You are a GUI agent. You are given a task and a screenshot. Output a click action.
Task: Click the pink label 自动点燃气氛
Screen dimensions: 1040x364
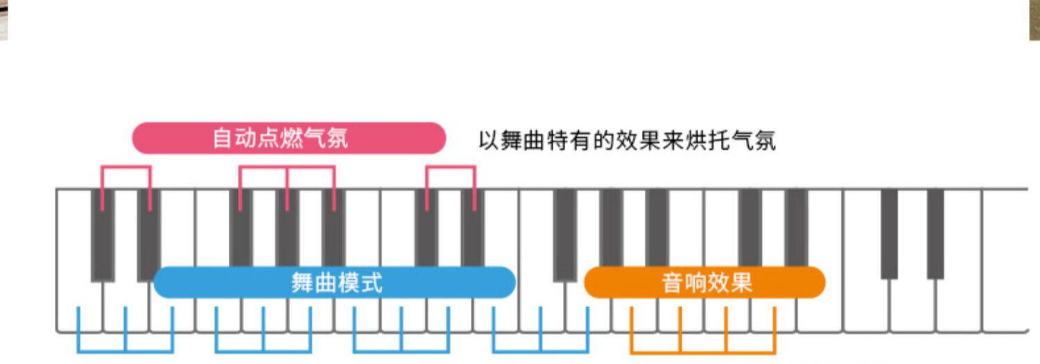coord(288,138)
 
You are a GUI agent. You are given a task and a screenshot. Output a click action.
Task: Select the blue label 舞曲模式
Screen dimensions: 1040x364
coord(335,283)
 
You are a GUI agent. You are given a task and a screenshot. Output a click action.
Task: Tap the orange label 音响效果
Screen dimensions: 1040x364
coord(705,283)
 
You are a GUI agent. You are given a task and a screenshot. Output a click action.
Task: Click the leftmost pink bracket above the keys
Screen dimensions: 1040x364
coord(125,167)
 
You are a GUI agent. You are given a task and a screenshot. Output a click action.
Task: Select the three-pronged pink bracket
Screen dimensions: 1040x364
coord(287,167)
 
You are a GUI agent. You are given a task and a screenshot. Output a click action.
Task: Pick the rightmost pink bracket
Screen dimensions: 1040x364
coord(451,167)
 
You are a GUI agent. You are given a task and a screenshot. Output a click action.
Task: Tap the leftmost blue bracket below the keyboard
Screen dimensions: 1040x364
coord(125,350)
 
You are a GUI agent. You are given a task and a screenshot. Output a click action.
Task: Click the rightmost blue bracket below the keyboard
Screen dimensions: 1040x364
coord(540,350)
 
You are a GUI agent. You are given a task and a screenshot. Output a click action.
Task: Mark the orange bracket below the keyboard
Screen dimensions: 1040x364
coord(703,350)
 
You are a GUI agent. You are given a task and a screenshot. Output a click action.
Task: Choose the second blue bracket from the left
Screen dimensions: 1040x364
coord(263,350)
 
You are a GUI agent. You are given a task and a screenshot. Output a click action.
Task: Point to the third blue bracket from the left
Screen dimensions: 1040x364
coord(401,350)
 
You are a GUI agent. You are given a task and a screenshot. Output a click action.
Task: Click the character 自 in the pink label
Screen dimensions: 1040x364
coord(222,138)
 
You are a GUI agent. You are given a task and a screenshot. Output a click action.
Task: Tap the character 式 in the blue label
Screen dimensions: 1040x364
coord(372,283)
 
